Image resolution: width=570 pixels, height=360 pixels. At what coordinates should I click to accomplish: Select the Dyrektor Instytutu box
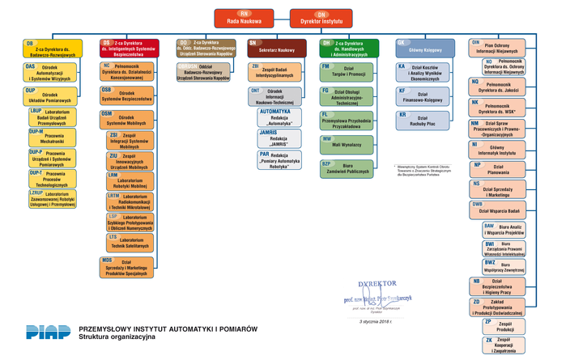[x=321, y=18]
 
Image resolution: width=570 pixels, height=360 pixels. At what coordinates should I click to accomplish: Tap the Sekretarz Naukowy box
[x=276, y=49]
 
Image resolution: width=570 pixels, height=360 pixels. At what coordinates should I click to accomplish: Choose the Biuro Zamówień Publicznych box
[x=347, y=168]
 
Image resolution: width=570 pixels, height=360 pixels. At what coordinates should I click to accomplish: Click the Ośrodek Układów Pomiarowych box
[x=49, y=95]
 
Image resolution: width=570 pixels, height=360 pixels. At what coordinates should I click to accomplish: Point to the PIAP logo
[x=47, y=332]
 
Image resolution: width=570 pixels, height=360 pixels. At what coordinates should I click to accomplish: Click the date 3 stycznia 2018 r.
[x=375, y=321]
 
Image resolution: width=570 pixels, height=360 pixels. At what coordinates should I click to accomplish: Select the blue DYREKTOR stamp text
[x=377, y=284]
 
